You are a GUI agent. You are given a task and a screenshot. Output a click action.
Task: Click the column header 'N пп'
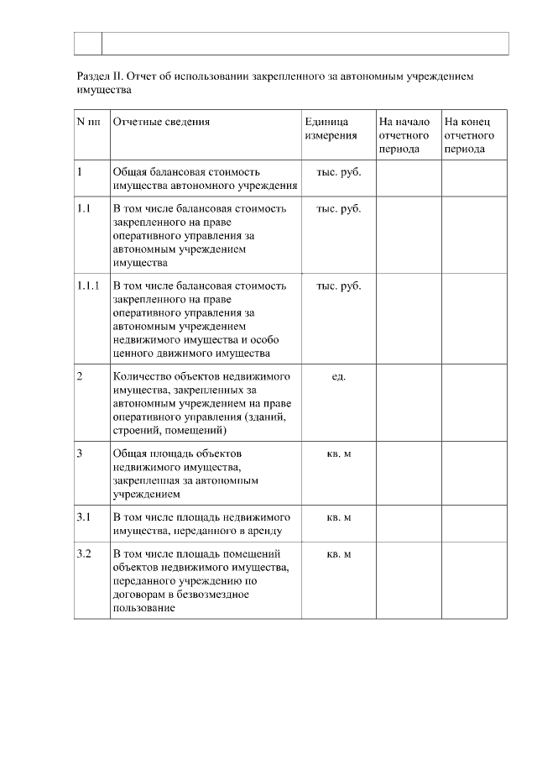pyautogui.click(x=88, y=122)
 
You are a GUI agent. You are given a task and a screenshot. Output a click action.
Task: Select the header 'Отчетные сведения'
pyautogui.click(x=161, y=122)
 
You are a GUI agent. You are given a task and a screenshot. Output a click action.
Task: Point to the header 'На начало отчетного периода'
pyautogui.click(x=404, y=134)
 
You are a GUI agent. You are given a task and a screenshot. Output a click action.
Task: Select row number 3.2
pyautogui.click(x=84, y=554)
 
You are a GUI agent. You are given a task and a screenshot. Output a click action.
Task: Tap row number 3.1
pyautogui.click(x=84, y=516)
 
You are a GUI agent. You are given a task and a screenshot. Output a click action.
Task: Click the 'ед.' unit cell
pyautogui.click(x=339, y=376)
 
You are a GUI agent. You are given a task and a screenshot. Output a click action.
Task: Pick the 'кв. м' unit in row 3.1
pyautogui.click(x=339, y=516)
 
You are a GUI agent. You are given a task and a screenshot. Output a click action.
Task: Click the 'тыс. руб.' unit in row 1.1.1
pyautogui.click(x=339, y=286)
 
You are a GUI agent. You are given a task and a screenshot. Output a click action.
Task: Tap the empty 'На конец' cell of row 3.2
pyautogui.click(x=475, y=580)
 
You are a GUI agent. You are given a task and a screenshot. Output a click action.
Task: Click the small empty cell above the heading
pyautogui.click(x=87, y=43)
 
